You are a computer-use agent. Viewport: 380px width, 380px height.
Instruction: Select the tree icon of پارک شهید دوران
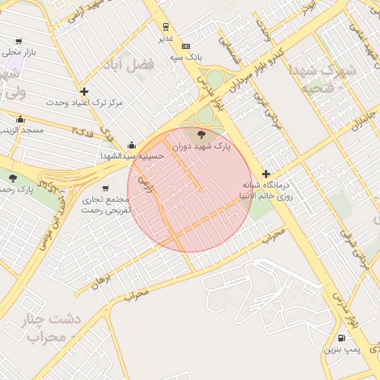click(201, 134)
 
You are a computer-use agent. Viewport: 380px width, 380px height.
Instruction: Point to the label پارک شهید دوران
click(201, 147)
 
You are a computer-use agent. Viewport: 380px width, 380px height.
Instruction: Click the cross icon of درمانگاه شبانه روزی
click(266, 174)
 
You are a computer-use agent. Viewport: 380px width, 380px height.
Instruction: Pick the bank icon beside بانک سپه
click(186, 45)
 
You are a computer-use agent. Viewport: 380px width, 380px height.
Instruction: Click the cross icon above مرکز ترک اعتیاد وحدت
click(85, 91)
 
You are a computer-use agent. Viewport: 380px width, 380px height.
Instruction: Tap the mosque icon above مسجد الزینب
click(20, 119)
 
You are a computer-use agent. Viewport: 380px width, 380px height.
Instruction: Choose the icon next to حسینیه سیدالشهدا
click(132, 145)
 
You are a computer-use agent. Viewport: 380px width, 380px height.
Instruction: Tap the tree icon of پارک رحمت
click(13, 177)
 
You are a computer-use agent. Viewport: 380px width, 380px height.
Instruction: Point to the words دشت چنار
click(52, 319)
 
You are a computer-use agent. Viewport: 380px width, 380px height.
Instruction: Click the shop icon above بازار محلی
click(19, 42)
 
